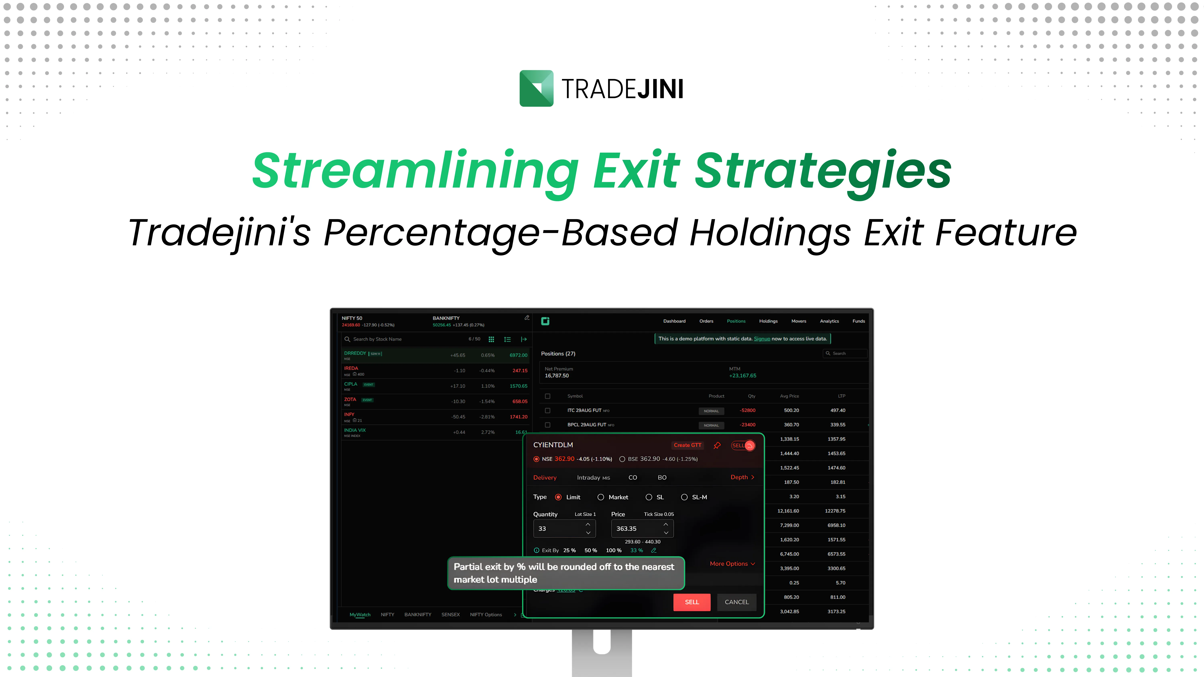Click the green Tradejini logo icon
536,88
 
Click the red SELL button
691,602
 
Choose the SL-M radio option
684,497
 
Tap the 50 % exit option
590,550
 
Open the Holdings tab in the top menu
768,321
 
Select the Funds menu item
858,321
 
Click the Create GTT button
687,445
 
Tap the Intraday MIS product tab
593,477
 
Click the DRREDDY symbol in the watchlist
355,353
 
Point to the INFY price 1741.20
518,417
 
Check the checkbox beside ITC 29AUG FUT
547,410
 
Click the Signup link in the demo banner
761,339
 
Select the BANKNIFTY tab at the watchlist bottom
417,614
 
